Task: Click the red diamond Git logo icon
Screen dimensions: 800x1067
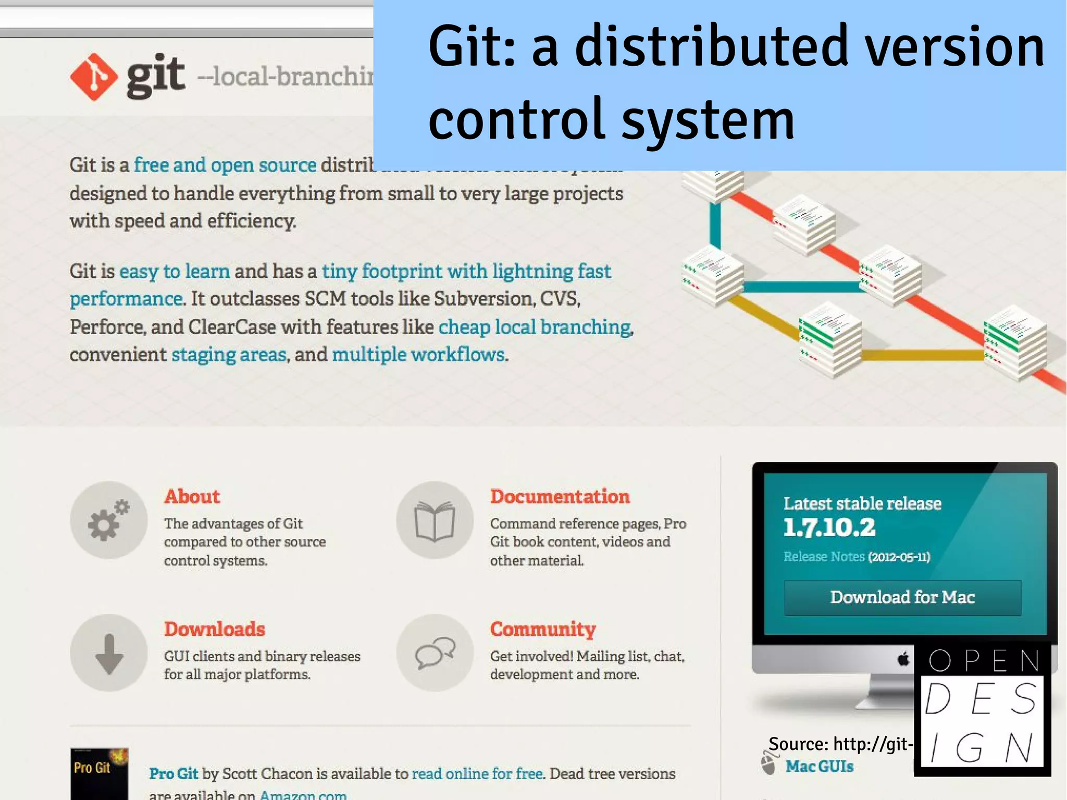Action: pyautogui.click(x=94, y=77)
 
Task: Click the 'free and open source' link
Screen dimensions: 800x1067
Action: pyautogui.click(x=225, y=165)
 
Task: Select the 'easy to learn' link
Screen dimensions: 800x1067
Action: pyautogui.click(x=175, y=272)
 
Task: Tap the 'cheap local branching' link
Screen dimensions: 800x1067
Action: pyautogui.click(x=535, y=327)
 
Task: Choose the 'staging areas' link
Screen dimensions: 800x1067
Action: pyautogui.click(x=229, y=355)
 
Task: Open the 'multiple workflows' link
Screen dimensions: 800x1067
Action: pyautogui.click(x=418, y=355)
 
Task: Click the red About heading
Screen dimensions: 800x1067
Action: pyautogui.click(x=192, y=497)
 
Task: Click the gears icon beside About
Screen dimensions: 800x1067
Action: pyautogui.click(x=108, y=520)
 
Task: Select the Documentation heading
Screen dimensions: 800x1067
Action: pyautogui.click(x=560, y=497)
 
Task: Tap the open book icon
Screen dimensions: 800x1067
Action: pyautogui.click(x=435, y=520)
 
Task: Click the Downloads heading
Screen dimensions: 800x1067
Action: pyautogui.click(x=214, y=629)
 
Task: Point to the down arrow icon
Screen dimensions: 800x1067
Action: pyautogui.click(x=109, y=653)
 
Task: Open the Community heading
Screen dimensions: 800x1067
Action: pyautogui.click(x=542, y=629)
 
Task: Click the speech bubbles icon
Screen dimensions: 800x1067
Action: pyautogui.click(x=435, y=653)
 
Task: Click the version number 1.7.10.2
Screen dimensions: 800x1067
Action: pyautogui.click(x=829, y=527)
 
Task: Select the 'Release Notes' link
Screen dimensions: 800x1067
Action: pyautogui.click(x=824, y=557)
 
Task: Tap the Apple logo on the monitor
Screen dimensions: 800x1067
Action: pyautogui.click(x=903, y=659)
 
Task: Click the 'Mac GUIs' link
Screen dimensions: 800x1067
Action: pyautogui.click(x=819, y=766)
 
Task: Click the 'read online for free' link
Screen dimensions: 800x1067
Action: pyautogui.click(x=477, y=774)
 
